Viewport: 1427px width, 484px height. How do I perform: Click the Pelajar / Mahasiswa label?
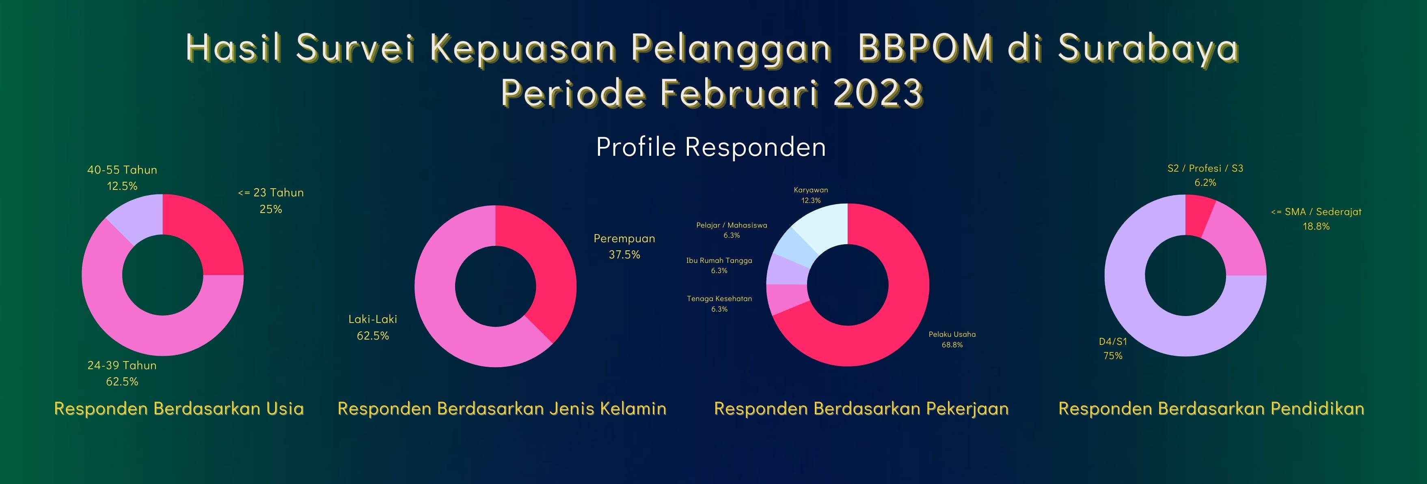[732, 226]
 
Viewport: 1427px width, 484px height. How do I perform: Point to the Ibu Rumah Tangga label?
[719, 260]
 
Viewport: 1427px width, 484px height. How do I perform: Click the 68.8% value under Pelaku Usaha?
[952, 344]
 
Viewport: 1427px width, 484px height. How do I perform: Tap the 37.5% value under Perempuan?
[624, 255]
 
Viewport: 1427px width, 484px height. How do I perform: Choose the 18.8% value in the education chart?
[1316, 226]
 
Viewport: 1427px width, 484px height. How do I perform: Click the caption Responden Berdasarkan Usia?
[179, 409]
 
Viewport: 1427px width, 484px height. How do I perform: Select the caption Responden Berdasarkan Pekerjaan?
[861, 409]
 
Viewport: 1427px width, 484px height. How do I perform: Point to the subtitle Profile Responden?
[711, 147]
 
